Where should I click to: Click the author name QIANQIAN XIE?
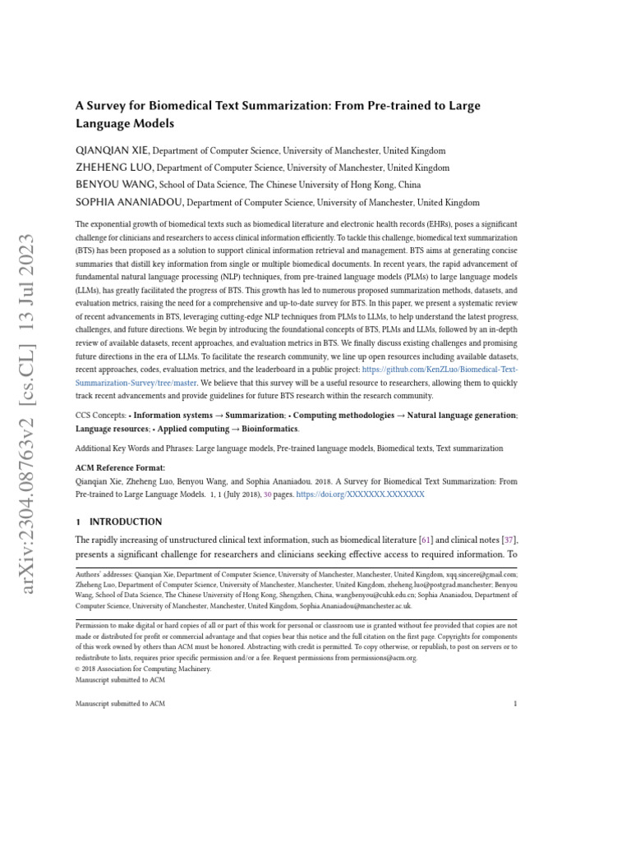pyautogui.click(x=113, y=151)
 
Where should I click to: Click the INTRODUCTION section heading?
pyautogui.click(x=126, y=522)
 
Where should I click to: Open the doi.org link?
pyautogui.click(x=360, y=495)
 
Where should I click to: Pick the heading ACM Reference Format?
pyautogui.click(x=120, y=468)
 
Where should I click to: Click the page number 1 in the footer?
pyautogui.click(x=515, y=704)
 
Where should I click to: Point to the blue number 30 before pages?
pyautogui.click(x=267, y=495)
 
